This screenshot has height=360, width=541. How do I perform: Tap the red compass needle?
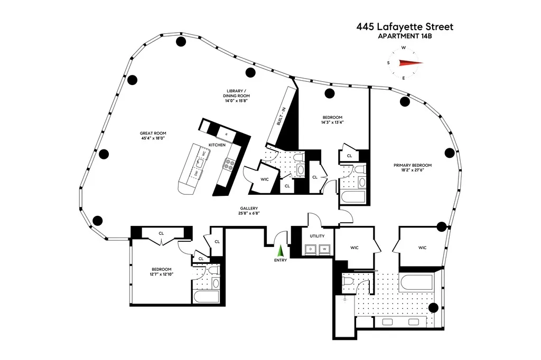tap(411, 63)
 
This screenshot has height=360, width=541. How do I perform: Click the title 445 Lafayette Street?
tap(405, 26)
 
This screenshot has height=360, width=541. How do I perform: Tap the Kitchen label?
tap(218, 144)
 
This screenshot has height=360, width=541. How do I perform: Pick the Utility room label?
tap(318, 236)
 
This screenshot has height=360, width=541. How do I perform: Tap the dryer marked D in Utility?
tap(311, 248)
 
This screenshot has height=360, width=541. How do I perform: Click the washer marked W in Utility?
tap(324, 248)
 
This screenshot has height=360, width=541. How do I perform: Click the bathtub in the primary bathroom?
tap(416, 283)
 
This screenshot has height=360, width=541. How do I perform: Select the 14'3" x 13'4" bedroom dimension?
tap(333, 122)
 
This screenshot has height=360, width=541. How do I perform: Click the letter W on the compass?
tap(404, 48)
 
